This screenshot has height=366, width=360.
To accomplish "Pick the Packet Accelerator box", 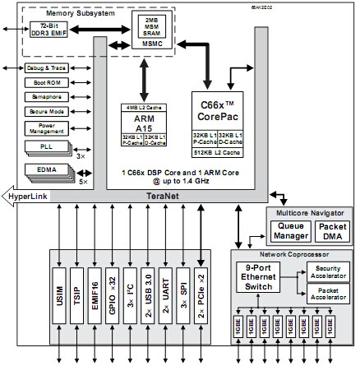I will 326,294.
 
